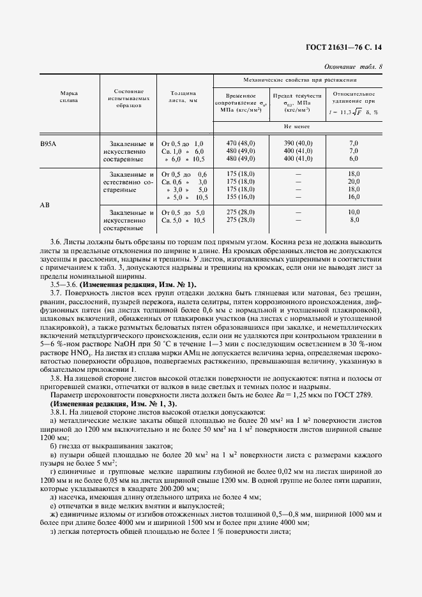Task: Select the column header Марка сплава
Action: (69, 97)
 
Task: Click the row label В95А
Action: (49, 144)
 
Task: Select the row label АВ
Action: (46, 205)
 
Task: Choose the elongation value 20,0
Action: (354, 182)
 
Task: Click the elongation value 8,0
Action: (354, 220)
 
